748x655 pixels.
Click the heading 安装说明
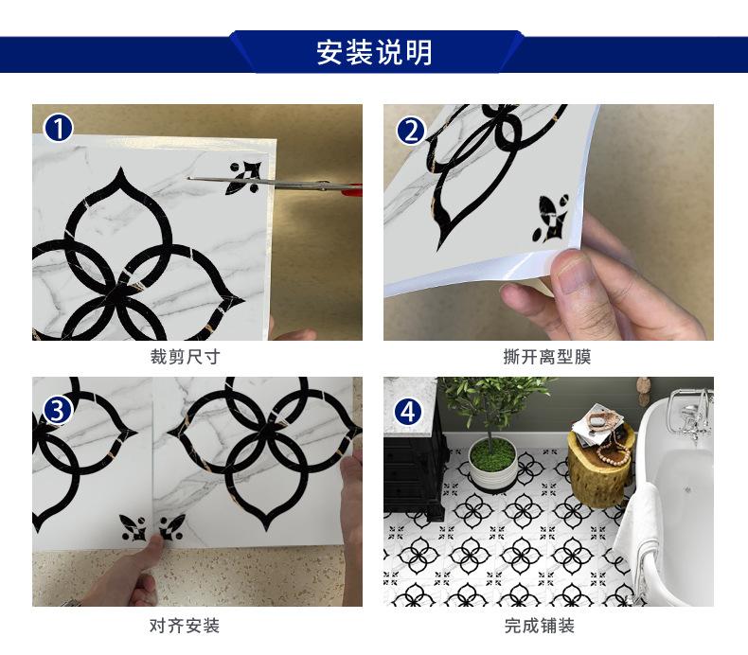point(374,52)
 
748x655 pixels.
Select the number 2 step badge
point(410,129)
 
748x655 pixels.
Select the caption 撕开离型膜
point(547,357)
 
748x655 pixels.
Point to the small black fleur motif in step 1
point(243,177)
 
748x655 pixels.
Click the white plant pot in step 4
point(492,469)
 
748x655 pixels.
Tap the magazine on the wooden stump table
point(599,419)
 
